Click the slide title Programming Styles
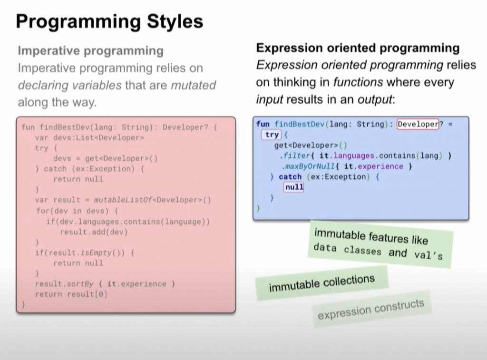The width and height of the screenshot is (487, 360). coord(109,22)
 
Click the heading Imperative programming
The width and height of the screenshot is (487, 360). coord(91,50)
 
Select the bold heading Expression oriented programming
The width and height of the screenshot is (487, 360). coord(358,48)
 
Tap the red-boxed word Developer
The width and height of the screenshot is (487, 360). coord(418,124)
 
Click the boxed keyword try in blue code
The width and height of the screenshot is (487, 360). coord(272,135)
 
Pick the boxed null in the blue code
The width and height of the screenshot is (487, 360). coord(294,187)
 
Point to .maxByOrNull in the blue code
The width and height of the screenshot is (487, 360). coord(308,166)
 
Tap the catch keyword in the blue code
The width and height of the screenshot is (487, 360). coord(290,177)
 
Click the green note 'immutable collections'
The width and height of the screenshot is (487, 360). coord(322,283)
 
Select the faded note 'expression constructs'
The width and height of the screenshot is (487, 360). coord(371,309)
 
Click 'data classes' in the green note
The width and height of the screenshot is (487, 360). coord(347,249)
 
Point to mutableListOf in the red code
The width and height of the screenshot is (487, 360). coord(123,200)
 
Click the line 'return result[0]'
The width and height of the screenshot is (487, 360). coord(71,294)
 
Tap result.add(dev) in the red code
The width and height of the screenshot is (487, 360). coord(94,232)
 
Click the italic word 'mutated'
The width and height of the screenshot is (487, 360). coord(194,85)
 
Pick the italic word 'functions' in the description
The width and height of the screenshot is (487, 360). coord(358,82)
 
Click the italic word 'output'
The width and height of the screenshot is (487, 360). coord(375,100)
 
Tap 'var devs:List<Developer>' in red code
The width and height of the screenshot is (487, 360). coord(89,137)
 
